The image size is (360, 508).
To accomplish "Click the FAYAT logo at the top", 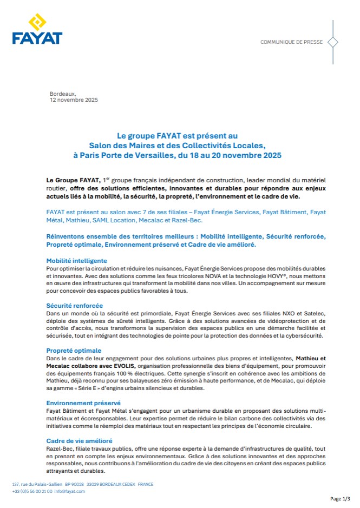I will [x=37, y=30].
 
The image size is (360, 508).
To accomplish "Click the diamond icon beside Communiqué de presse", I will [x=333, y=42].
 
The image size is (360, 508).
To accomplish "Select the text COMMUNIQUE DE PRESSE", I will [x=291, y=42].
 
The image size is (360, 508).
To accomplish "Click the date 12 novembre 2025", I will [x=74, y=100].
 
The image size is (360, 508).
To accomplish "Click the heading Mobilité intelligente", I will [x=76, y=260].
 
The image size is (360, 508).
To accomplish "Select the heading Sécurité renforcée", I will [x=75, y=306].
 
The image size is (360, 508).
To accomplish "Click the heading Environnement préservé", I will [x=83, y=403].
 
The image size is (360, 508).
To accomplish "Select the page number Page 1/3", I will [x=340, y=498].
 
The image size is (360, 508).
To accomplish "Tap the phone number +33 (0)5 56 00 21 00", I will [x=32, y=491].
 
